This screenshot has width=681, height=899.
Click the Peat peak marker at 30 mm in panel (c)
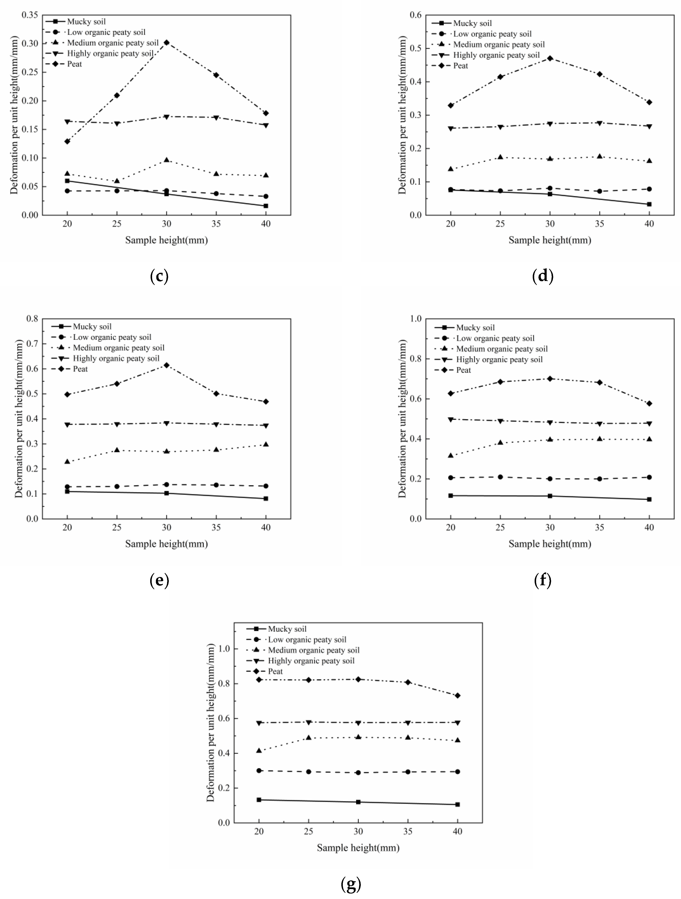[166, 42]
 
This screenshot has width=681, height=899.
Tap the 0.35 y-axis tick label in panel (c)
[30, 15]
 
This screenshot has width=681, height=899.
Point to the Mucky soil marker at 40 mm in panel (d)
[649, 204]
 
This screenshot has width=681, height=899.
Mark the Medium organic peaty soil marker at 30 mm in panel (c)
[166, 160]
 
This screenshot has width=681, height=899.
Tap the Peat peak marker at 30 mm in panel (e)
[166, 365]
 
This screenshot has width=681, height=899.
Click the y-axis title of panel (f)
[402, 419]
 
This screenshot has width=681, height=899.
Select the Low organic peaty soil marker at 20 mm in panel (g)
[259, 771]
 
